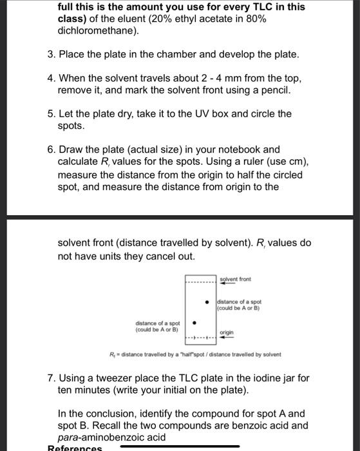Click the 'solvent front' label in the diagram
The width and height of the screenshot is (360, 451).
point(236,279)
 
